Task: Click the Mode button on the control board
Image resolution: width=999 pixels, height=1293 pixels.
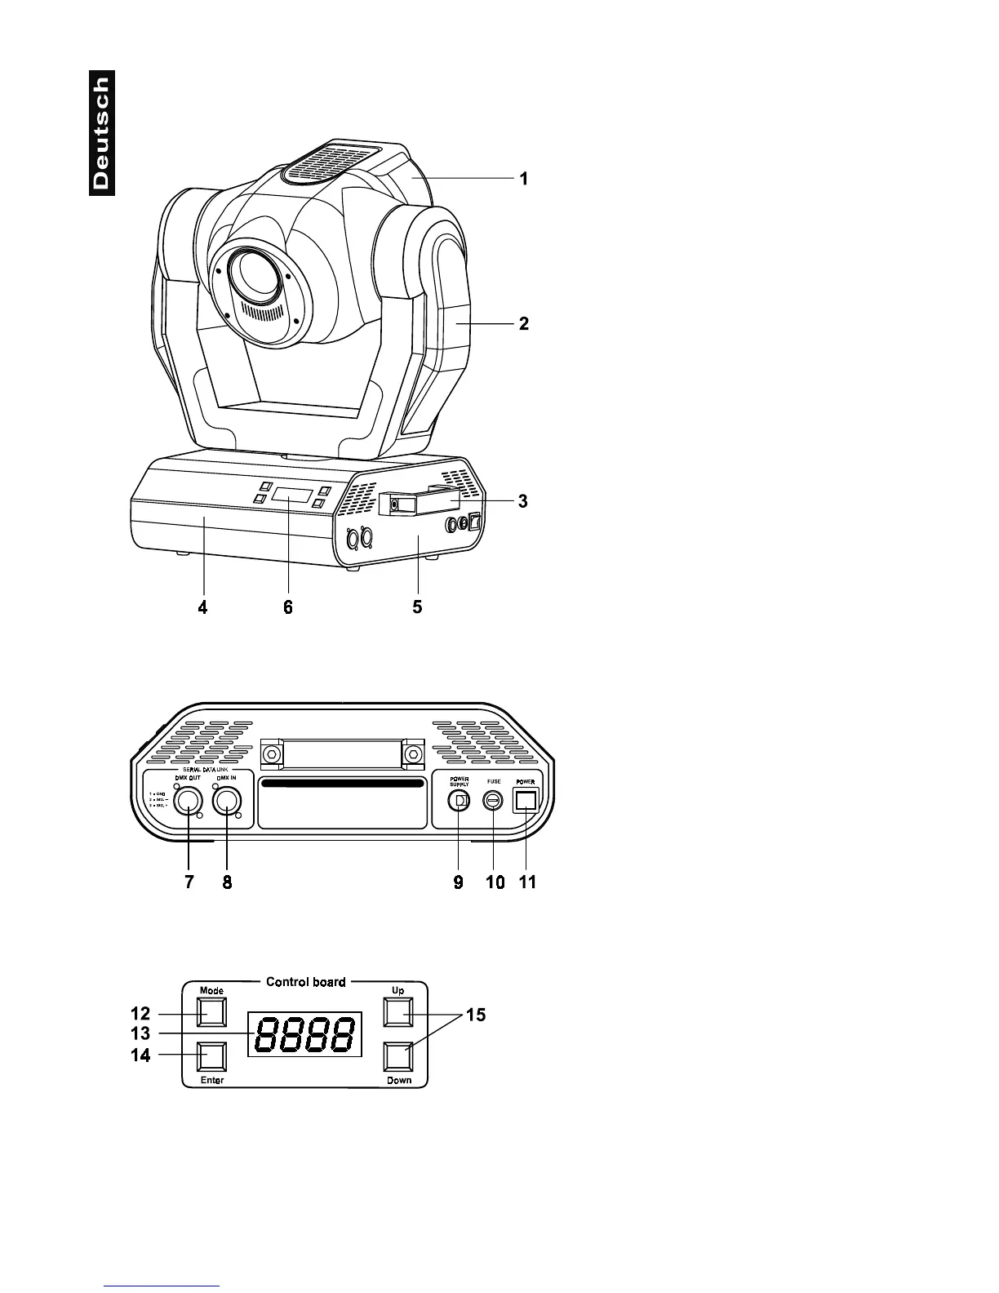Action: [212, 1013]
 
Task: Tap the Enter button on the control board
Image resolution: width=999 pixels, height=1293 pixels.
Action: [212, 1057]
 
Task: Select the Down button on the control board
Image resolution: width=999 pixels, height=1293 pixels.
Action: [398, 1057]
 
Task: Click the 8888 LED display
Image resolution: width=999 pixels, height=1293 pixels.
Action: [305, 1034]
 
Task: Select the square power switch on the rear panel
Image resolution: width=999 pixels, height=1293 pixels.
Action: [526, 802]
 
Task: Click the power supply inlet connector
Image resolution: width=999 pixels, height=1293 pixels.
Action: [459, 802]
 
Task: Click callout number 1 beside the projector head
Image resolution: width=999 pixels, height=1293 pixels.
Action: [525, 178]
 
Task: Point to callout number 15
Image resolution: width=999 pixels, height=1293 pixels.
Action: [475, 1015]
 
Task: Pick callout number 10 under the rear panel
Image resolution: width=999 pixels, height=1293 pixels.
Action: [495, 882]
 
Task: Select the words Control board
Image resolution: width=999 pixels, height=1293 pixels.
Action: [305, 981]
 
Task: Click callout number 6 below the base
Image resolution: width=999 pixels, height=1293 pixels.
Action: [287, 607]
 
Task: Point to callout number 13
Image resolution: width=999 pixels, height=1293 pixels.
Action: [140, 1033]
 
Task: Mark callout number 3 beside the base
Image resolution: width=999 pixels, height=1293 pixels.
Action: [522, 501]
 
